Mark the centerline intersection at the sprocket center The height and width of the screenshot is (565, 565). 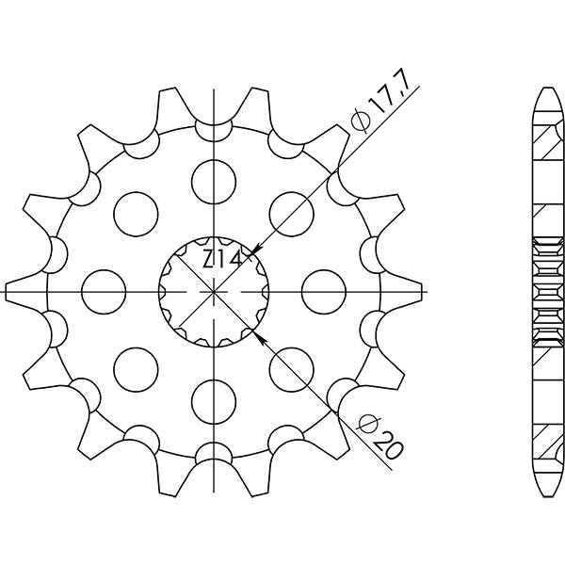pyautogui.click(x=215, y=292)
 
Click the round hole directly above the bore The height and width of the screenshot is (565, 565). pyautogui.click(x=215, y=176)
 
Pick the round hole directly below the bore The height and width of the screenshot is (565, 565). pyautogui.click(x=215, y=405)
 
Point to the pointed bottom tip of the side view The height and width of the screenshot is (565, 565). pyautogui.click(x=547, y=493)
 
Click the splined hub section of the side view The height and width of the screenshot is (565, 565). pyautogui.click(x=547, y=291)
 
